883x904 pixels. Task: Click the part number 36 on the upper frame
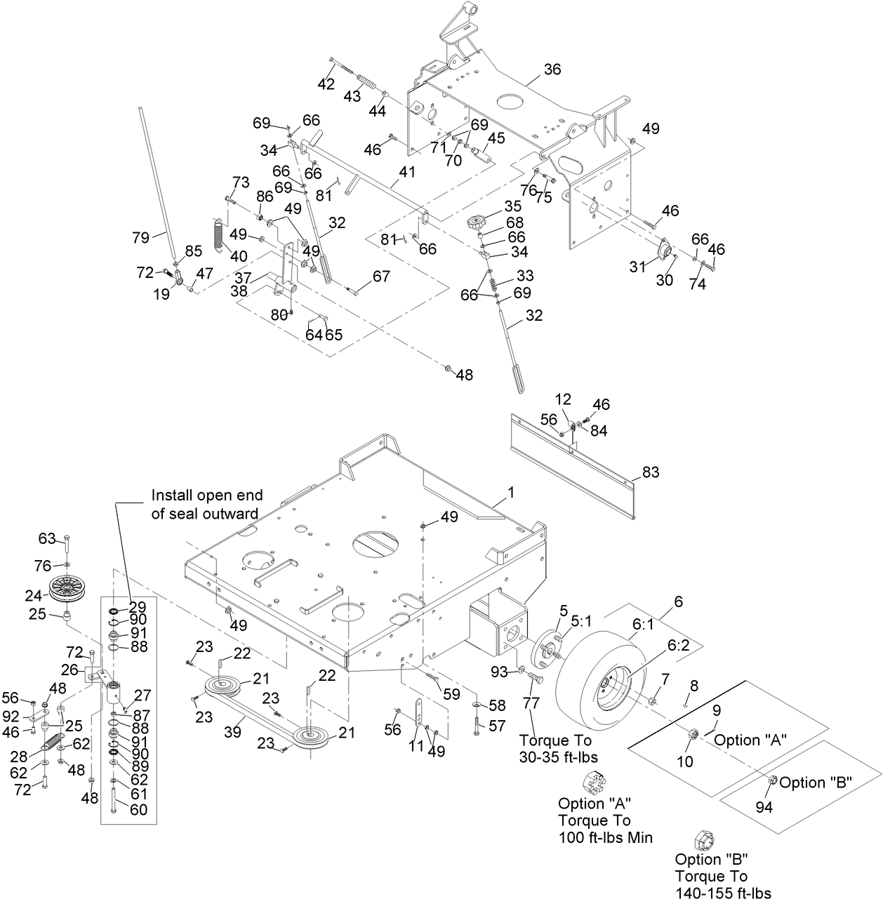pyautogui.click(x=552, y=69)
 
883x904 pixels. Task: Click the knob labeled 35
pyautogui.click(x=477, y=224)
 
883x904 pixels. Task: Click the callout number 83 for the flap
pyautogui.click(x=651, y=472)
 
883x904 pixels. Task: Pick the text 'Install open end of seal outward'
pyautogui.click(x=204, y=505)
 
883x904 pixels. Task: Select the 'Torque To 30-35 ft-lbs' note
pyautogui.click(x=555, y=749)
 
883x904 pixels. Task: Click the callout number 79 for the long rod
pyautogui.click(x=141, y=237)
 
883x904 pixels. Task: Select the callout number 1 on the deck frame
pyautogui.click(x=511, y=493)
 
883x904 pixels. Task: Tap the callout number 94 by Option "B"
pyautogui.click(x=764, y=808)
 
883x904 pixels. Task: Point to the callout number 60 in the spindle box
pyautogui.click(x=139, y=809)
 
